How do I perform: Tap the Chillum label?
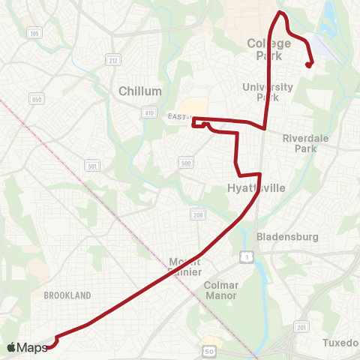point(140,91)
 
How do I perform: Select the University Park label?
point(267,91)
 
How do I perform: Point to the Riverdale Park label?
point(310,142)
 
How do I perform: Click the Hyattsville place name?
point(256,188)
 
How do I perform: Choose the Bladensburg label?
point(288,237)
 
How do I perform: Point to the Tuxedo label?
point(341,343)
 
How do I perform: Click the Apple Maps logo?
point(27,347)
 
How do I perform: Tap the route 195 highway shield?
point(33,34)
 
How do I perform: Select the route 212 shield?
point(113,61)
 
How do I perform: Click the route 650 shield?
point(36,99)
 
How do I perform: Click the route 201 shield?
point(301,327)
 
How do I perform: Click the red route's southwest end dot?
point(47,346)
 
